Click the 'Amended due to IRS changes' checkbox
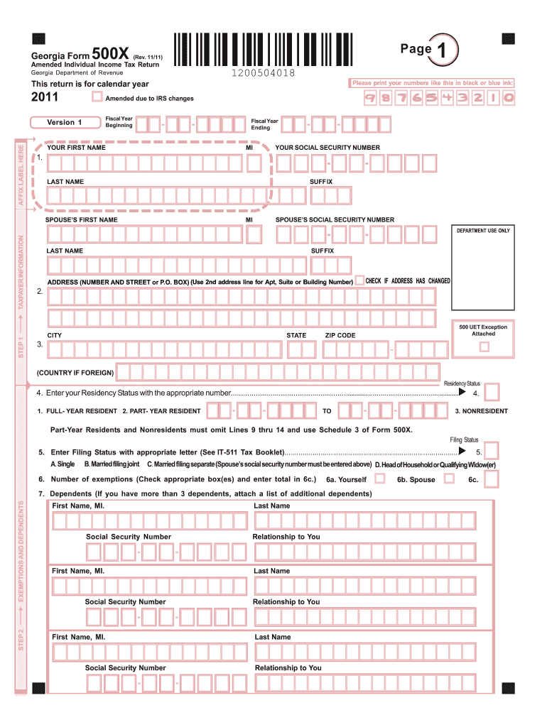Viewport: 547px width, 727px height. (x=97, y=97)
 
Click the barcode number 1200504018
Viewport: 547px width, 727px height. (x=263, y=73)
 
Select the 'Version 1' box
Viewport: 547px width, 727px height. (x=65, y=122)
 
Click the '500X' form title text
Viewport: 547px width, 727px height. (x=110, y=52)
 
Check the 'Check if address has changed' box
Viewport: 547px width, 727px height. (x=359, y=280)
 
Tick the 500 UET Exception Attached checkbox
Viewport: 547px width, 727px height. (x=484, y=347)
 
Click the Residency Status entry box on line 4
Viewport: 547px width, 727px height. (x=491, y=393)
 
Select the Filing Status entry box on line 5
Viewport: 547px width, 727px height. (x=491, y=451)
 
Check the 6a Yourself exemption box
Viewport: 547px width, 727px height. (x=379, y=479)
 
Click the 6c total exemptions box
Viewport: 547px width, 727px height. (x=491, y=480)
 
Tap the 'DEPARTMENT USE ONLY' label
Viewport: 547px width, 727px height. (x=483, y=231)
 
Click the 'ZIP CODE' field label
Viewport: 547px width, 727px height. (x=340, y=335)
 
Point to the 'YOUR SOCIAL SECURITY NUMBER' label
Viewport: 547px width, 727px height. (x=323, y=148)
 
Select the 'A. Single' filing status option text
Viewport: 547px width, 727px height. (x=63, y=464)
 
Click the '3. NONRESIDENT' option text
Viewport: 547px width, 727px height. (x=482, y=411)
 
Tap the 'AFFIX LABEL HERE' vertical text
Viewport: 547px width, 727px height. (x=21, y=174)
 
